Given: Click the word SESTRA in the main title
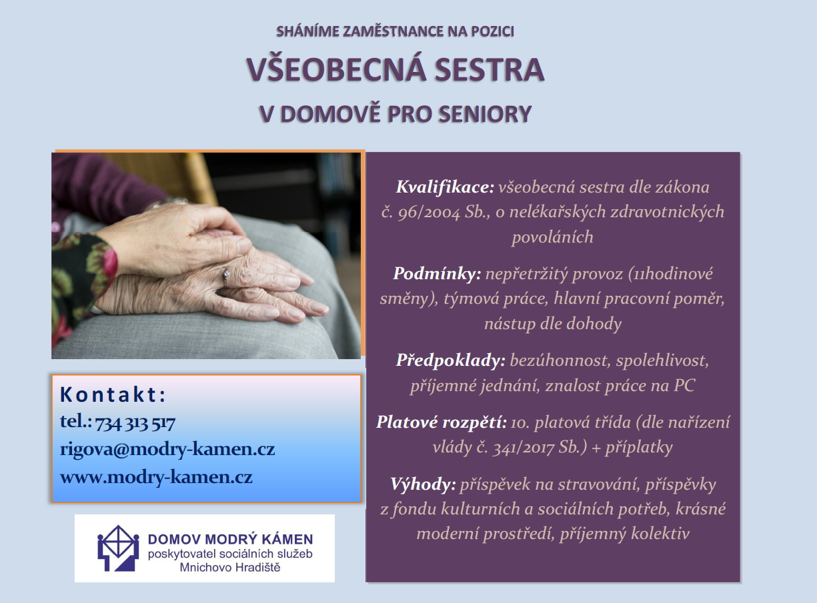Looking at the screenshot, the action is [490, 69].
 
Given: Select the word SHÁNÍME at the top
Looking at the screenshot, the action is [307, 31].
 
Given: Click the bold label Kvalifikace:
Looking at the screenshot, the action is [445, 187].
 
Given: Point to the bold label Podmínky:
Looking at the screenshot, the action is [438, 274].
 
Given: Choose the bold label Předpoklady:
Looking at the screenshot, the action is [450, 360].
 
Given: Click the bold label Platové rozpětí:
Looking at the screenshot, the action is [442, 422].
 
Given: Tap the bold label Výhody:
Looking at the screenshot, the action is [424, 484].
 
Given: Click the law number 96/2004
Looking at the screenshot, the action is [429, 213].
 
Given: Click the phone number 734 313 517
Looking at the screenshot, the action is [135, 423].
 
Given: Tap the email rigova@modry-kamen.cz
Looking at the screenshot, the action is [167, 449].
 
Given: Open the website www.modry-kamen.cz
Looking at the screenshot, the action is [156, 478].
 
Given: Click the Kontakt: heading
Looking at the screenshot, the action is [113, 394].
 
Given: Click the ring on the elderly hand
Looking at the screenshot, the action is [226, 277].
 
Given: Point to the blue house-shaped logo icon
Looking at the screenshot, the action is [118, 548].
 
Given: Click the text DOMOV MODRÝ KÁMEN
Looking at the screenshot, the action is [230, 539].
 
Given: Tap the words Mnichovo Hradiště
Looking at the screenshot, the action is [230, 567].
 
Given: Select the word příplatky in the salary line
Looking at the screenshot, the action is [639, 448].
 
